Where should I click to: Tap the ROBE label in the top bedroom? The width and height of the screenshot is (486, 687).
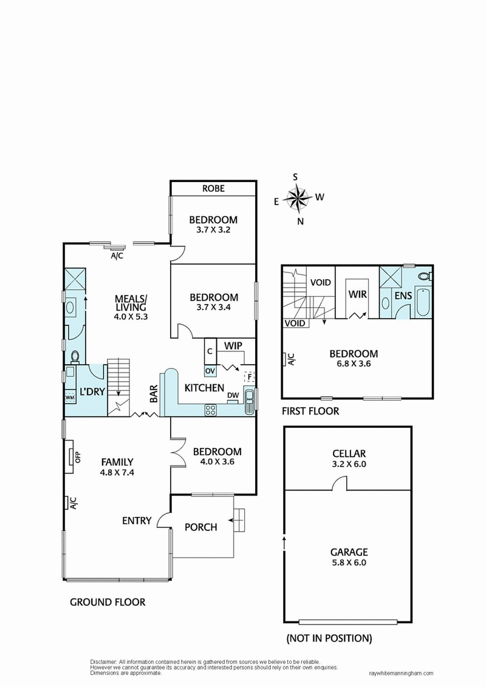point(213,189)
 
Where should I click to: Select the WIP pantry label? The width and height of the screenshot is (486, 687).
point(233,345)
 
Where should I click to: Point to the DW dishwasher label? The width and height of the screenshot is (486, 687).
point(233,394)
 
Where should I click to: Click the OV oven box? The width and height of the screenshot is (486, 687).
point(210,370)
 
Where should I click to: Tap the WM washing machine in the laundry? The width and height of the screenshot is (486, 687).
point(70,396)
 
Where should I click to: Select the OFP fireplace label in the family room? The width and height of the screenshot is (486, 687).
point(77,456)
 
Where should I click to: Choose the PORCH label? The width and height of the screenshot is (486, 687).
point(200,527)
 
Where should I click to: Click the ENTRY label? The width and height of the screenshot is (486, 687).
point(137,520)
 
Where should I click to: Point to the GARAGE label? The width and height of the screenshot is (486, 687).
point(349,552)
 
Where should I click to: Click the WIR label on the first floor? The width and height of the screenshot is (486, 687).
point(356,294)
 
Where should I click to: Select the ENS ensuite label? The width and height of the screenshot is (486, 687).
point(403,296)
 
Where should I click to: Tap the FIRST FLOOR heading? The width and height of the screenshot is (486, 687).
point(310,411)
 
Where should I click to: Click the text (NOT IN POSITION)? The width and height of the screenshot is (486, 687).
point(328,638)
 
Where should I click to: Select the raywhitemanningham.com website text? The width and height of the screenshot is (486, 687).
point(402,673)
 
